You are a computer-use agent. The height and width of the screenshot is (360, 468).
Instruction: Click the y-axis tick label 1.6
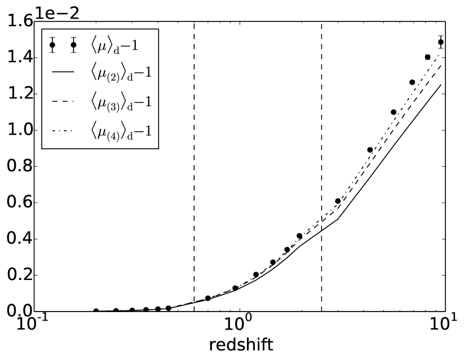(x=17, y=22)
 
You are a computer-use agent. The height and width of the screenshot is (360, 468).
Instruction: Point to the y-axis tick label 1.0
(x=17, y=131)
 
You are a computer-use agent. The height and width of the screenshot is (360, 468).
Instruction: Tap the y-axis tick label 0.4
(x=17, y=239)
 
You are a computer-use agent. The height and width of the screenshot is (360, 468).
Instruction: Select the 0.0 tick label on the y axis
(x=17, y=312)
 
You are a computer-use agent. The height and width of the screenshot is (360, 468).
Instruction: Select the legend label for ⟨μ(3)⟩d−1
(x=122, y=102)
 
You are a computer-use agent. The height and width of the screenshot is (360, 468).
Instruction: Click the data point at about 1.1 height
(x=394, y=112)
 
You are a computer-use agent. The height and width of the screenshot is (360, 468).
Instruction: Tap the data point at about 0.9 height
(x=370, y=150)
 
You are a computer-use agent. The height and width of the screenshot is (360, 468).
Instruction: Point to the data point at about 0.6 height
(x=338, y=201)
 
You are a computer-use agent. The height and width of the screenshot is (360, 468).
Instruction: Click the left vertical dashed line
(x=194, y=169)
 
